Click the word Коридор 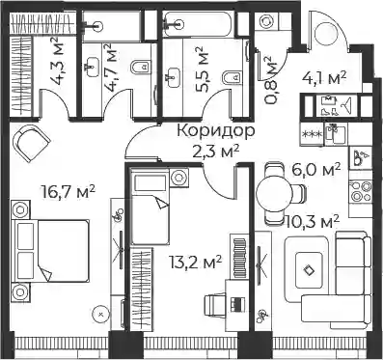pyautogui.click(x=216, y=131)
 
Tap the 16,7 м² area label pyautogui.click(x=68, y=192)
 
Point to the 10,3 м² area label pyautogui.click(x=313, y=222)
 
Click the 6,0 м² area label pyautogui.click(x=315, y=170)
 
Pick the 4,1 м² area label pyautogui.click(x=324, y=78)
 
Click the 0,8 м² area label pyautogui.click(x=269, y=81)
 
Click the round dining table pyautogui.click(x=274, y=194)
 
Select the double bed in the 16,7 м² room pyautogui.click(x=50, y=250)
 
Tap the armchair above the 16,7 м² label pyautogui.click(x=31, y=142)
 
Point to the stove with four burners pyautogui.click(x=361, y=191)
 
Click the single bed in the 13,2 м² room pyautogui.click(x=150, y=207)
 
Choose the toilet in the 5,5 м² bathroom pyautogui.click(x=233, y=77)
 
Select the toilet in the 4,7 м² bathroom pyautogui.click(x=142, y=67)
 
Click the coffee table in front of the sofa pyautogui.click(x=309, y=269)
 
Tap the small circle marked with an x pyautogui.click(x=101, y=313)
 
